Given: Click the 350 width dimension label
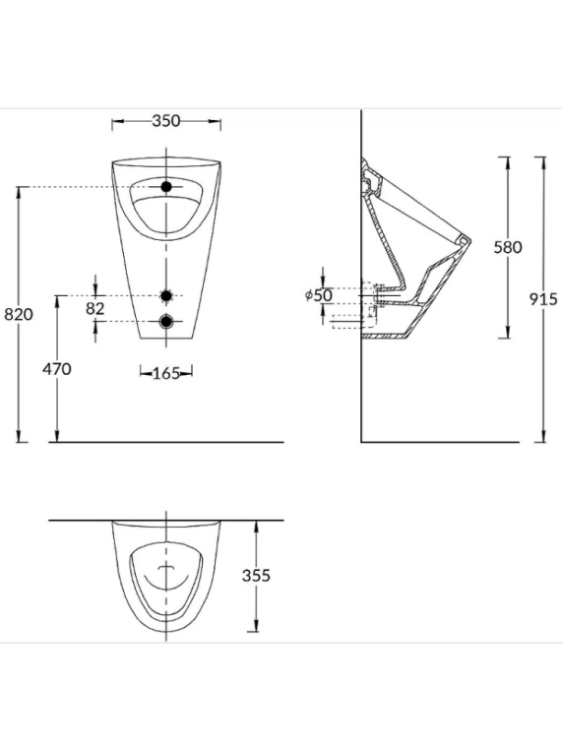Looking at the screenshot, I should point(166,121).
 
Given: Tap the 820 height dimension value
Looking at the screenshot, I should point(19,314).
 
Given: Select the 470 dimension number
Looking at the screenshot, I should point(57,368).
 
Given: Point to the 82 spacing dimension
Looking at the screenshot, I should point(95,308).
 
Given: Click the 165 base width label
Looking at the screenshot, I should point(166,372).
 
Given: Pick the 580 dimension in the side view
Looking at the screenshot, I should point(507,247).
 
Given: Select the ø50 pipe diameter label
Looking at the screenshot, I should point(319,294).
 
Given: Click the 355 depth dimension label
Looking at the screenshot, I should point(256,576).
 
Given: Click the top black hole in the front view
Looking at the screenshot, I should point(166,186).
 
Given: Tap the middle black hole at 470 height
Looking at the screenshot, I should point(166,295).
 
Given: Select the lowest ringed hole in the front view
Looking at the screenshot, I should point(166,321).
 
